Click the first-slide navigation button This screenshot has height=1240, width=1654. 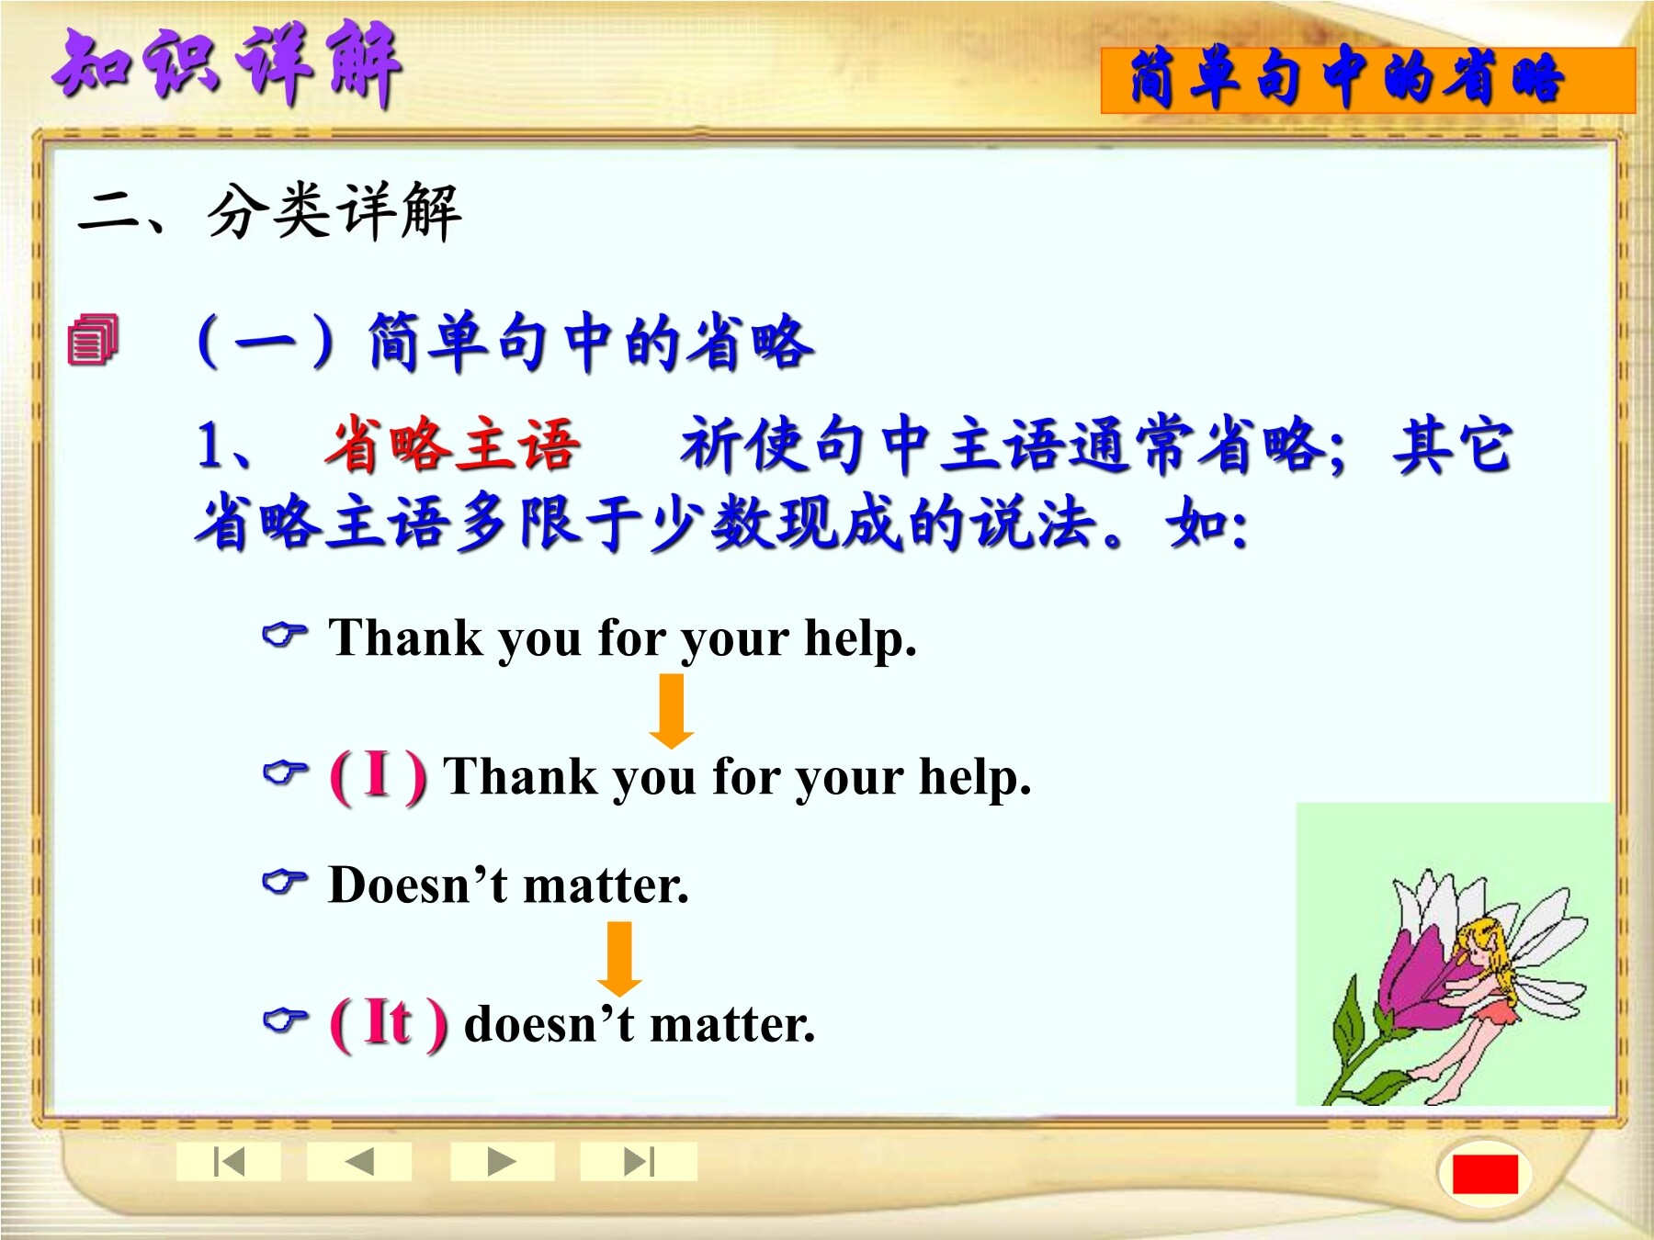pos(229,1162)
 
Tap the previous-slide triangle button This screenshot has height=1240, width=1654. pos(359,1162)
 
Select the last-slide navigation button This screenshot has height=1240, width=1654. pos(639,1162)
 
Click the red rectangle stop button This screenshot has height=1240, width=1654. pos(1485,1174)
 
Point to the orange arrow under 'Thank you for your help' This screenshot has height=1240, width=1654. pos(672,711)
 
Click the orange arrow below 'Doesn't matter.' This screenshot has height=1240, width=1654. pos(620,959)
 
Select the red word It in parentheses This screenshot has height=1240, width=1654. pos(387,1021)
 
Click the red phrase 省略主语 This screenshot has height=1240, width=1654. pos(451,445)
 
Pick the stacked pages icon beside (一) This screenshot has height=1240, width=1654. pos(93,339)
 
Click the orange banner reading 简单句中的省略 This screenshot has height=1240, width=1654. pos(1368,81)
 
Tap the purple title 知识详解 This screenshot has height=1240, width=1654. pos(227,64)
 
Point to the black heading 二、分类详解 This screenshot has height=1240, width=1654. pos(269,211)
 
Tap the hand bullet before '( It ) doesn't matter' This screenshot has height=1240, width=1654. pos(285,1020)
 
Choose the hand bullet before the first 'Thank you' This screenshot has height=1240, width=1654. pos(285,634)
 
